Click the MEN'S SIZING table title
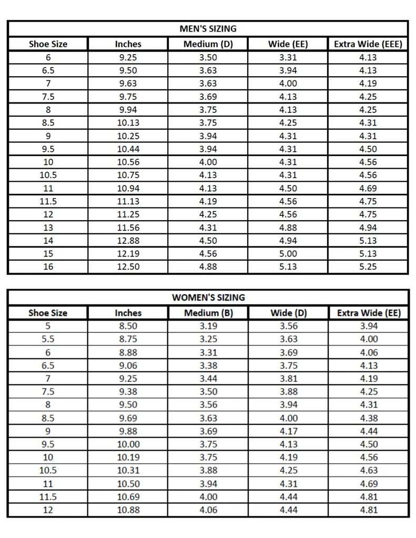click(x=208, y=28)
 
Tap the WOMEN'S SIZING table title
click(x=208, y=297)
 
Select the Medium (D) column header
click(x=208, y=44)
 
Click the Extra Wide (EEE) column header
click(x=368, y=44)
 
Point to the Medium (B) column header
click(x=208, y=313)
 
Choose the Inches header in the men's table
click(x=128, y=44)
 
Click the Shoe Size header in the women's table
click(x=48, y=313)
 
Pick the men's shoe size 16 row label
click(x=48, y=267)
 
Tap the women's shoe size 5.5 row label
click(x=48, y=339)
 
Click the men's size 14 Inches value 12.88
click(x=128, y=241)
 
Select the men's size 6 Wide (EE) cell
click(x=288, y=57)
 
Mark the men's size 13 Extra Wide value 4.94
click(x=368, y=227)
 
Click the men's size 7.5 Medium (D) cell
click(x=208, y=97)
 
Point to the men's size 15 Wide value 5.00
click(x=288, y=254)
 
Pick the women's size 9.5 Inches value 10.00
click(x=128, y=444)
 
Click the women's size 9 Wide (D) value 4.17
click(x=288, y=431)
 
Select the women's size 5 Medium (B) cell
click(x=208, y=326)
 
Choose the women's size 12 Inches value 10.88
click(x=128, y=510)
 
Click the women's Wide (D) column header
click(x=288, y=313)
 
